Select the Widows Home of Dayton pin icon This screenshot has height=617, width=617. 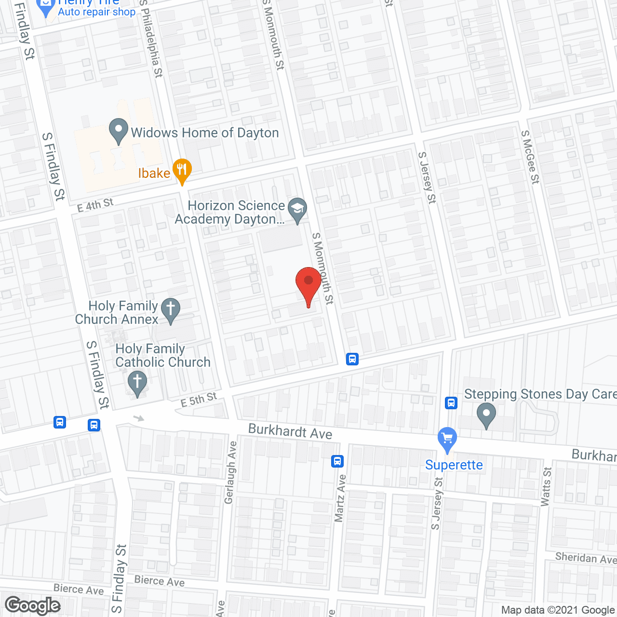pyautogui.click(x=118, y=131)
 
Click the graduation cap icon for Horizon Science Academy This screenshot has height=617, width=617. pyautogui.click(x=297, y=210)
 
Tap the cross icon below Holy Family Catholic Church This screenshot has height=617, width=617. pyautogui.click(x=137, y=384)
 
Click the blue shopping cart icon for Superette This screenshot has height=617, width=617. pyautogui.click(x=447, y=439)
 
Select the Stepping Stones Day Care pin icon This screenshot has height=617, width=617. pyautogui.click(x=486, y=415)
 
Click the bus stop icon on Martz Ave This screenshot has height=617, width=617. pyautogui.click(x=337, y=461)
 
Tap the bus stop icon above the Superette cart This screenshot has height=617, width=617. pyautogui.click(x=451, y=402)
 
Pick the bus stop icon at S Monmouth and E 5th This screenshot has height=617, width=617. pyautogui.click(x=352, y=359)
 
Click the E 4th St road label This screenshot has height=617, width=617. pyautogui.click(x=95, y=205)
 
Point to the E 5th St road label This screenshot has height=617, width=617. pyautogui.click(x=199, y=400)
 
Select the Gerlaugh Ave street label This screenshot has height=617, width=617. pyautogui.click(x=231, y=472)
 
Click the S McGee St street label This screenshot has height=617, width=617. pyautogui.click(x=530, y=157)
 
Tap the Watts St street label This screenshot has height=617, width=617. pyautogui.click(x=546, y=486)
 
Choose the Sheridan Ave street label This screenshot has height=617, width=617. pyautogui.click(x=586, y=558)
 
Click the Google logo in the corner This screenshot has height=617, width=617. pyautogui.click(x=33, y=605)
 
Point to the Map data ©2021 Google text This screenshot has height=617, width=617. pyautogui.click(x=558, y=610)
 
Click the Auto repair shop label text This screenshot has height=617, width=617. pyautogui.click(x=96, y=12)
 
